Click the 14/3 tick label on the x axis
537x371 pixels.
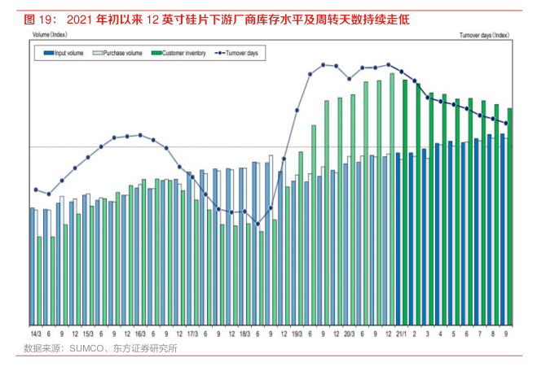click(36, 334)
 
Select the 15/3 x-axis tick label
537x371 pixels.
click(88, 334)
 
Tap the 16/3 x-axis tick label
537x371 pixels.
click(140, 334)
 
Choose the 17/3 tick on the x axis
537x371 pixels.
click(192, 334)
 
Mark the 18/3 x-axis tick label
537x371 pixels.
click(244, 334)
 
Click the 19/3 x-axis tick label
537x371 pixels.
click(297, 334)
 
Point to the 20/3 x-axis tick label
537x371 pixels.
click(349, 334)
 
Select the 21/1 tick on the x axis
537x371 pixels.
click(401, 334)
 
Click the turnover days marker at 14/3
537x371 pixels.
click(36, 190)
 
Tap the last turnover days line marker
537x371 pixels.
click(506, 124)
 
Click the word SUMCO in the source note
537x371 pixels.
click(83, 349)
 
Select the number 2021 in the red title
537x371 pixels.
click(77, 17)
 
